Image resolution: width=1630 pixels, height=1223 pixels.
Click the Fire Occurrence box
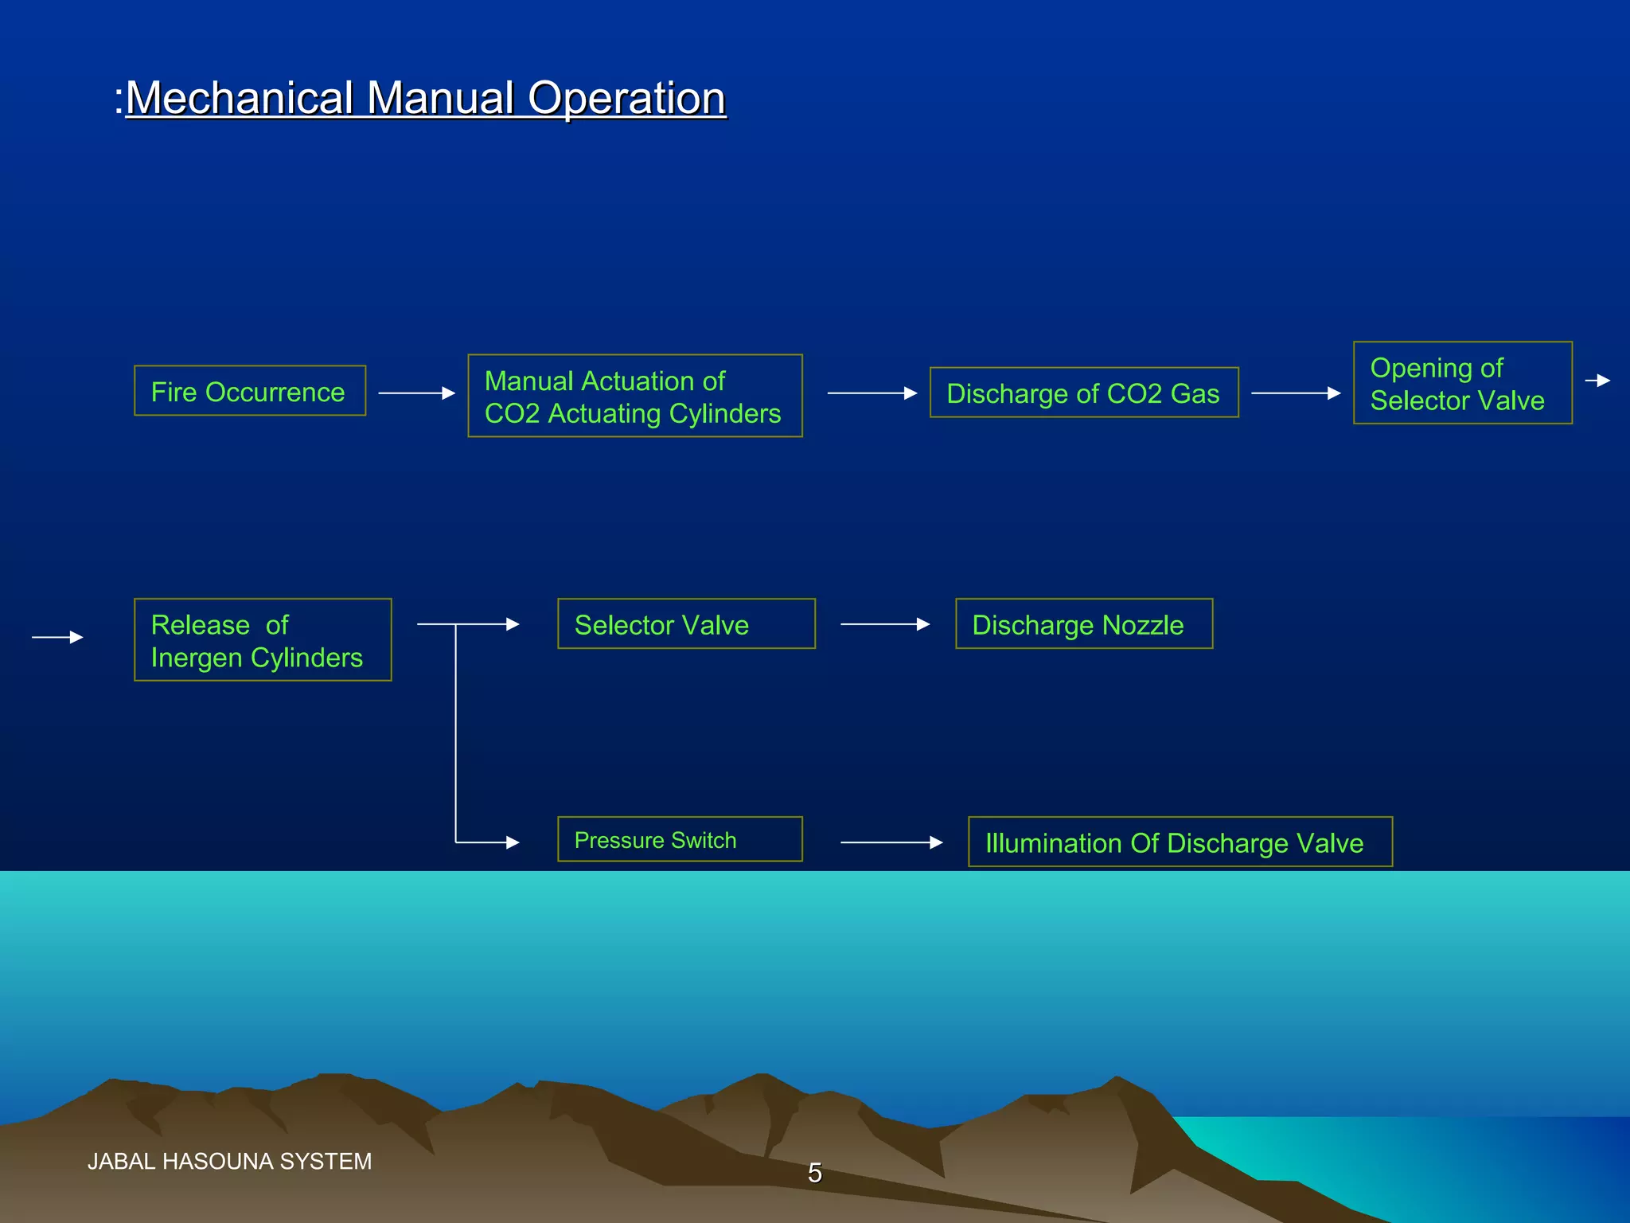pyautogui.click(x=249, y=391)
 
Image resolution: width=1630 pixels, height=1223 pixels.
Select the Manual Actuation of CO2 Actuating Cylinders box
pyautogui.click(x=634, y=396)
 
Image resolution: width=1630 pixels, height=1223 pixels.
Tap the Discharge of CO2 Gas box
pyautogui.click(x=1083, y=393)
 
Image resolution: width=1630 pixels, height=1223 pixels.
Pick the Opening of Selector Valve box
pyautogui.click(x=1462, y=383)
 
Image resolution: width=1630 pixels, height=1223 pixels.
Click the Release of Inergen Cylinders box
pyautogui.click(x=263, y=639)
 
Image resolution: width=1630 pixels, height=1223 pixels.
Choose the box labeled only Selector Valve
pyautogui.click(x=686, y=623)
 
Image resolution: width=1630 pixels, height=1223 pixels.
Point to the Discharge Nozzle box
pyautogui.click(x=1083, y=623)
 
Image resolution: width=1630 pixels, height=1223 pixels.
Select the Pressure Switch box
pyautogui.click(x=680, y=839)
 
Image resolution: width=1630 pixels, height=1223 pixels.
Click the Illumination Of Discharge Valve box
pyautogui.click(x=1180, y=842)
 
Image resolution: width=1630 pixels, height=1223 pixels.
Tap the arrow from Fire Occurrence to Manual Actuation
pyautogui.click(x=416, y=393)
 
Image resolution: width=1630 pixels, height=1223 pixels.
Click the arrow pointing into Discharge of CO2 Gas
pyautogui.click(x=872, y=393)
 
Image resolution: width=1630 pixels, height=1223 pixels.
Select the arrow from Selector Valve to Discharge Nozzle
pyautogui.click(x=884, y=624)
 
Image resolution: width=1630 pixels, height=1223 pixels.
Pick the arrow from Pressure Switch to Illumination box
pyautogui.click(x=891, y=842)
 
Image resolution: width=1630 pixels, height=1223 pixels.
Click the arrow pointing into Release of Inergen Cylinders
pyautogui.click(x=57, y=637)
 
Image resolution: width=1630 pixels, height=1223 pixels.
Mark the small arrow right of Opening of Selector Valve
pyautogui.click(x=1597, y=381)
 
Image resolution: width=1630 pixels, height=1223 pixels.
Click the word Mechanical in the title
pyautogui.click(x=240, y=99)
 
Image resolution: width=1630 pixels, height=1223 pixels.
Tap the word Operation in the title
pyautogui.click(x=626, y=99)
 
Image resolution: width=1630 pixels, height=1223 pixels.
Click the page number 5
pyautogui.click(x=814, y=1173)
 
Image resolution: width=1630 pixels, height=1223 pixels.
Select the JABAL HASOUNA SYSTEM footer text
pyautogui.click(x=229, y=1162)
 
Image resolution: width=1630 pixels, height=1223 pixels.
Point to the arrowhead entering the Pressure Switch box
pyautogui.click(x=513, y=842)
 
